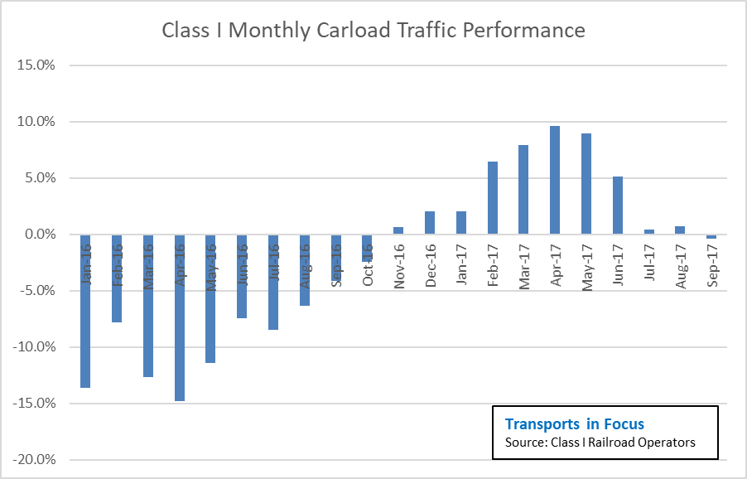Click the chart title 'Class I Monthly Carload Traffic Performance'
(373, 31)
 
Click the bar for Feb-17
(493, 198)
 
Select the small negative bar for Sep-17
(711, 237)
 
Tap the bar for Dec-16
(430, 223)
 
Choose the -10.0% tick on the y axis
(34, 347)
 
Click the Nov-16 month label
(399, 265)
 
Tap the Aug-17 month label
(680, 265)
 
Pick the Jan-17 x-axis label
(461, 265)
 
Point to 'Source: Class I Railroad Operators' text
(600, 443)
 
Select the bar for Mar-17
(523, 190)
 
